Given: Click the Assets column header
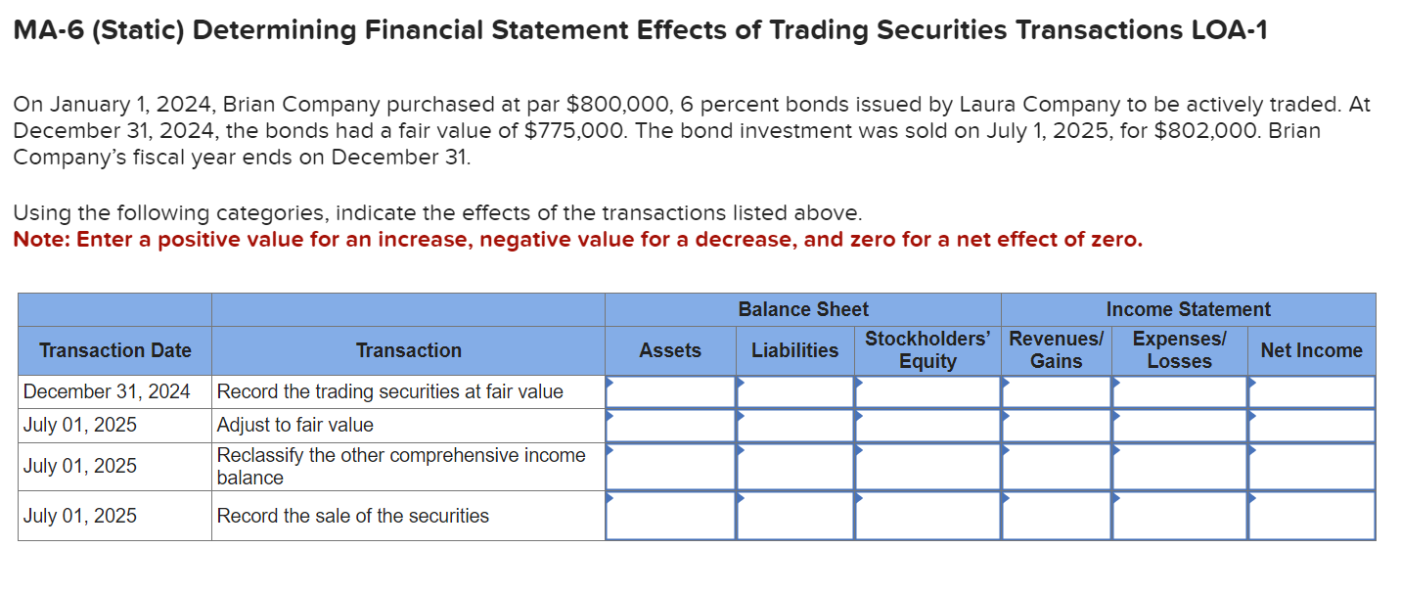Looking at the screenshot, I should [x=670, y=350].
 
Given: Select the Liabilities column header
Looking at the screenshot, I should [x=794, y=350].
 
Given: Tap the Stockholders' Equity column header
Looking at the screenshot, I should [x=927, y=350].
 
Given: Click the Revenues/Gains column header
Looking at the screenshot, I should [x=1057, y=350].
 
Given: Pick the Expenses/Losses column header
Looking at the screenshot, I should [x=1179, y=350].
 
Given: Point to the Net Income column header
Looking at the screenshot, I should [x=1311, y=350].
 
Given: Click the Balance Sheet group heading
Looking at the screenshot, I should [x=803, y=309].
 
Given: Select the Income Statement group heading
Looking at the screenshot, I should [x=1188, y=309].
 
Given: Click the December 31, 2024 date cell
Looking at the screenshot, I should [x=107, y=391].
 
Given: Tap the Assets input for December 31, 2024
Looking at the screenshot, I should [x=670, y=391].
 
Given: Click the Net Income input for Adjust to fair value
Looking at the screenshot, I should [x=1311, y=425].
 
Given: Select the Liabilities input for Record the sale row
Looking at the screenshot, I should [x=794, y=516].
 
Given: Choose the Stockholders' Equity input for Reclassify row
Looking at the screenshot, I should [x=927, y=467].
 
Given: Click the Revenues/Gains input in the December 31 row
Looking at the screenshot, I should [x=1057, y=391].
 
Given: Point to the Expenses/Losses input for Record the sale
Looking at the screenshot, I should [x=1179, y=516].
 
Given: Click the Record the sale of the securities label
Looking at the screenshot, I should [x=352, y=516].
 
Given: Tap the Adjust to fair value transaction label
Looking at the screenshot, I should [x=294, y=425].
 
